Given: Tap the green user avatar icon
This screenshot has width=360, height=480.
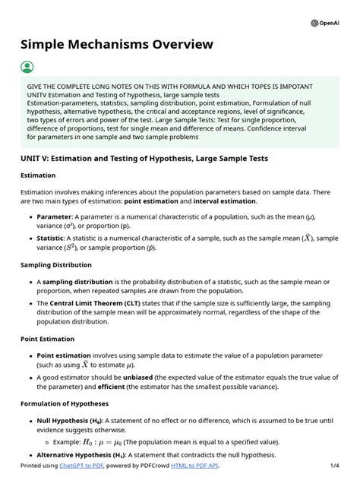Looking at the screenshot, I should [27, 67].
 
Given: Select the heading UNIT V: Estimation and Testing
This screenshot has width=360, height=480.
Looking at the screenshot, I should [144, 158].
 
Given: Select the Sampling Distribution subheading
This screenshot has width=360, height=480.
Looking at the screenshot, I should [56, 265].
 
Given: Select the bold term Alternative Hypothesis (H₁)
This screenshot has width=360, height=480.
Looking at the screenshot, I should [88, 455].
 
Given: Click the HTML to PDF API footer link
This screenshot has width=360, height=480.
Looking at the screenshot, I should [194, 466].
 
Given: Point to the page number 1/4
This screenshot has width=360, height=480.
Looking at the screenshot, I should [335, 466].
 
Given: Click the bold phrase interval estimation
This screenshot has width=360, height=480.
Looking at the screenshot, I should [225, 201].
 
